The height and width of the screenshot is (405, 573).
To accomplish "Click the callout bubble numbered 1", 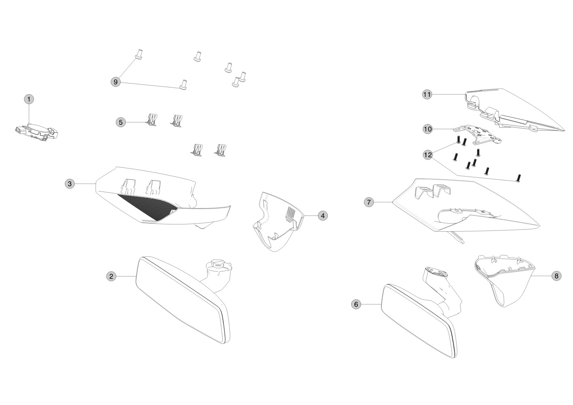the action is click(29, 99).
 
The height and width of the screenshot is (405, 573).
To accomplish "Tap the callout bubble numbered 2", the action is click(111, 276).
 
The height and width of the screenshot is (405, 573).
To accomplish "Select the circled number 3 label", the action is click(70, 184).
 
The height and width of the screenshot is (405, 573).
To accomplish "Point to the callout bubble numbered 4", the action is click(323, 216).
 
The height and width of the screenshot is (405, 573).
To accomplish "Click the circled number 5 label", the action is click(121, 122).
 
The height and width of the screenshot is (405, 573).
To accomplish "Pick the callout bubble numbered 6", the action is click(356, 304).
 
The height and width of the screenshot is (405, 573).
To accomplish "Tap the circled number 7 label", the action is click(369, 202).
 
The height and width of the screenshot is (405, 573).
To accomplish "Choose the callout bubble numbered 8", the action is click(556, 276).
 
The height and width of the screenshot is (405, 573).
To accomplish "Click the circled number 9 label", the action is click(115, 82).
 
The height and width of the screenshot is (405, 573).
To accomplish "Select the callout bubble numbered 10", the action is click(428, 129).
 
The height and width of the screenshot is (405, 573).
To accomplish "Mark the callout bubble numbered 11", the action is click(427, 95).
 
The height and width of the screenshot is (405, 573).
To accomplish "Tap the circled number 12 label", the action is click(428, 155).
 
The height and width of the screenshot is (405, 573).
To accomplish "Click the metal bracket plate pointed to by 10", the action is click(477, 134).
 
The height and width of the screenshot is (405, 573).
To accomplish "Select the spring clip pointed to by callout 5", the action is click(152, 120).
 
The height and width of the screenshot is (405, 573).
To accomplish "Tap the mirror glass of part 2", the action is click(180, 300).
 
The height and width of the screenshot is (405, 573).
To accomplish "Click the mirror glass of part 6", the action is click(419, 321).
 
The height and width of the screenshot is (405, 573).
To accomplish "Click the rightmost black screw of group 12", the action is click(519, 178).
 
